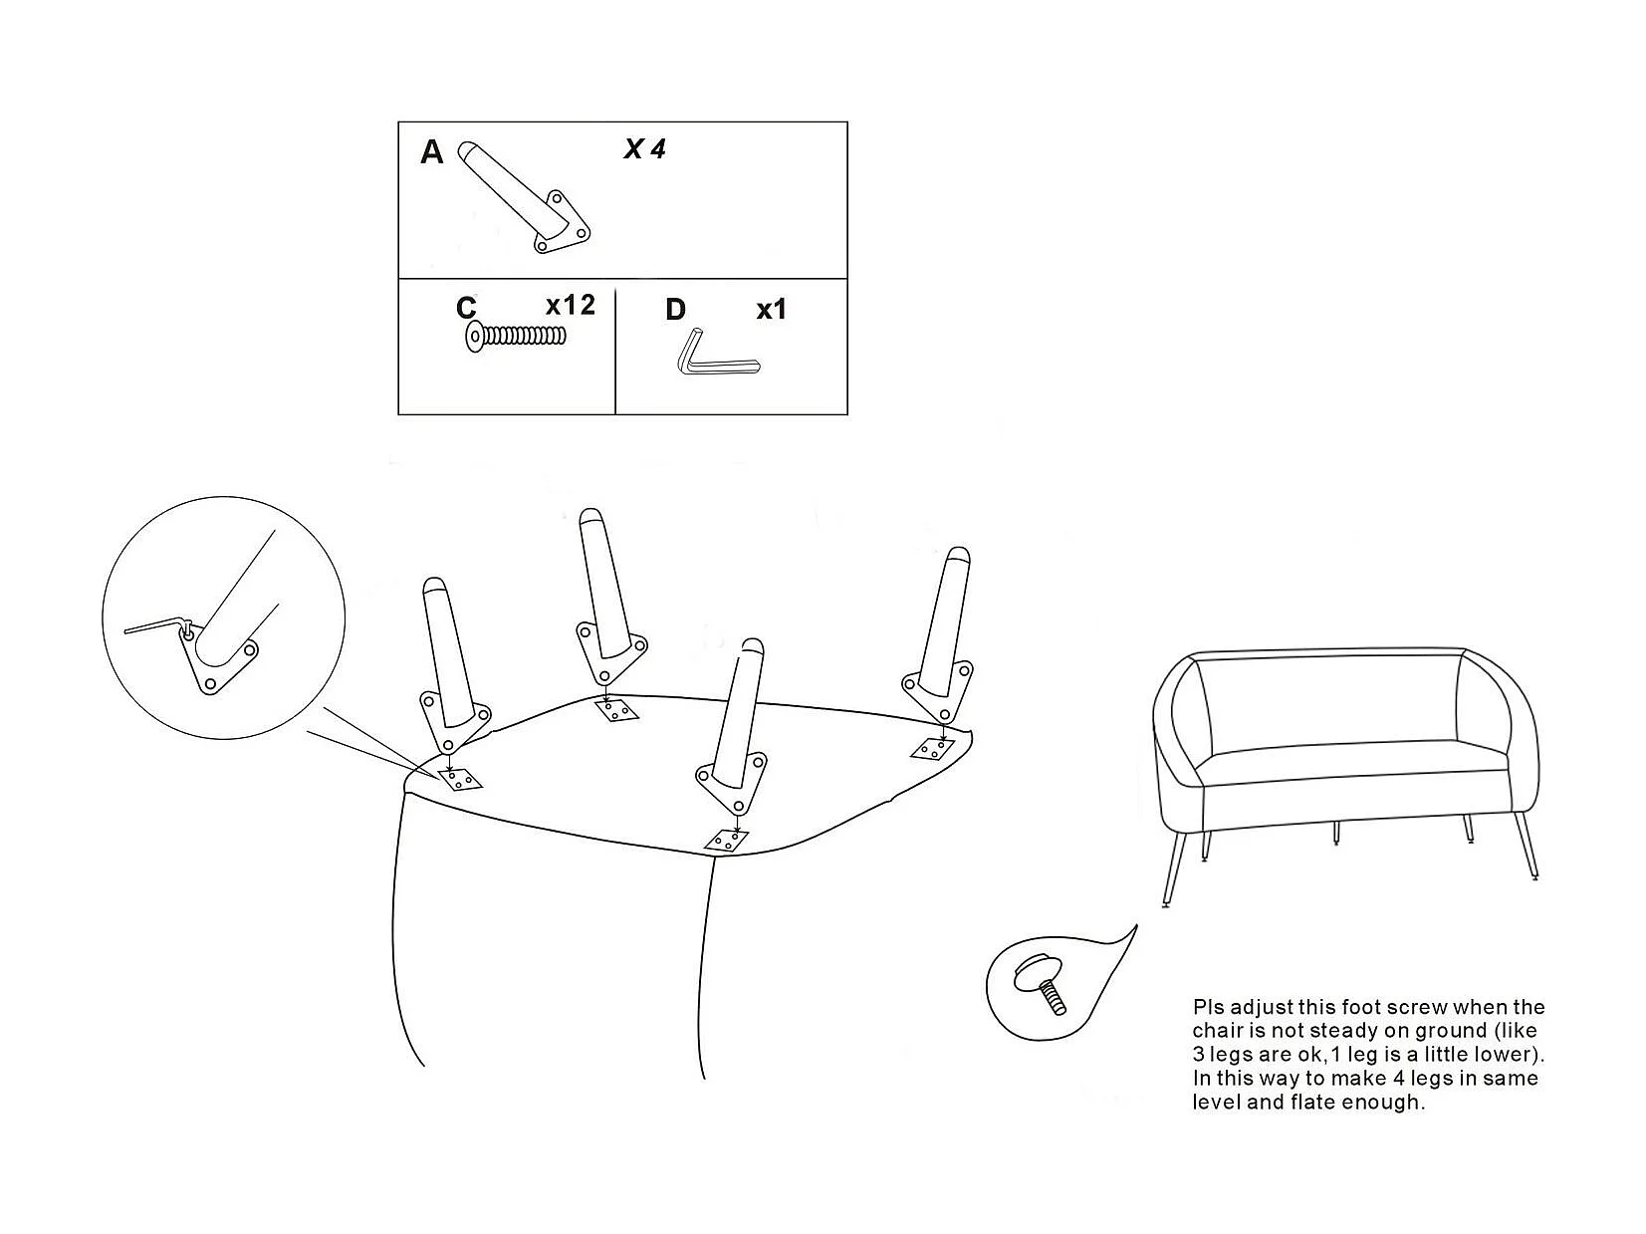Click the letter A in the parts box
[431, 152]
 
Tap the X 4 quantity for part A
[644, 149]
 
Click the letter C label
[466, 308]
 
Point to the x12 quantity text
[570, 305]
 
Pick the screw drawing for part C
[515, 338]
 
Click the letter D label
[675, 310]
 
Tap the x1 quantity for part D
[771, 310]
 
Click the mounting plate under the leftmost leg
[459, 779]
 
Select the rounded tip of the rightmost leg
[957, 558]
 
